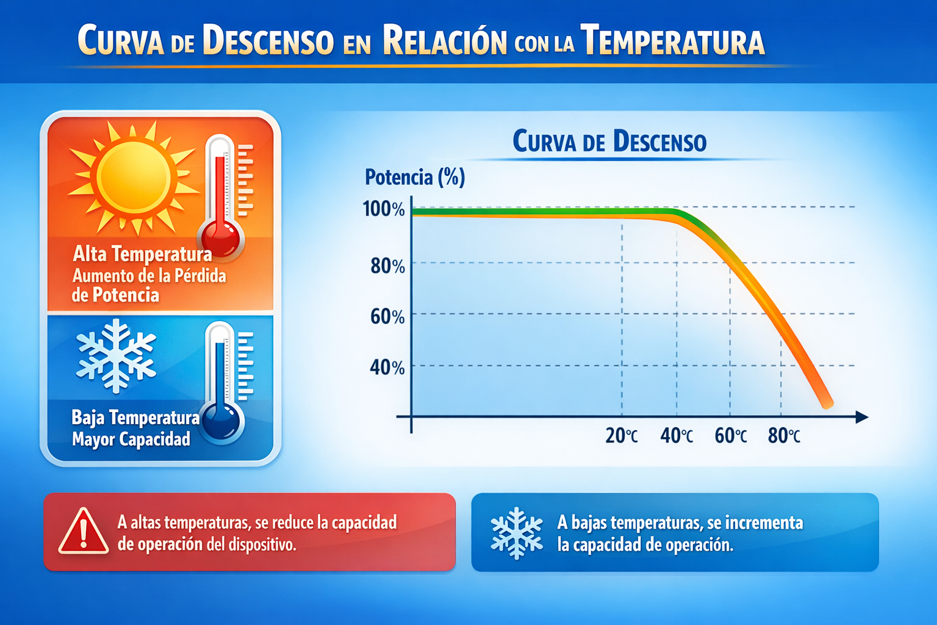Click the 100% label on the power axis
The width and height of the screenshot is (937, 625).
[x=384, y=209]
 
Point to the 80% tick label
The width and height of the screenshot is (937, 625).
[x=387, y=266]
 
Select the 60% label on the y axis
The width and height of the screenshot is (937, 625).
[x=387, y=317]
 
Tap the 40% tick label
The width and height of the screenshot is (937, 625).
[x=387, y=367]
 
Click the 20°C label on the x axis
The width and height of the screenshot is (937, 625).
[x=622, y=436]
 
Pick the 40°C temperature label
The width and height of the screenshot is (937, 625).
[x=677, y=436]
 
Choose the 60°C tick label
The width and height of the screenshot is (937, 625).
[x=730, y=436]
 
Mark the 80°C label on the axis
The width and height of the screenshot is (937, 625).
[x=784, y=436]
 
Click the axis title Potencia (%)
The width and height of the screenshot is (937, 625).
[x=415, y=177]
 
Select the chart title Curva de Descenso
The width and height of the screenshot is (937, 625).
[x=609, y=142]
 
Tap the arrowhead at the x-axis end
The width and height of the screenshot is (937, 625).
[x=862, y=417]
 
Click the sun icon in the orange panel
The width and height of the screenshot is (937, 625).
[x=134, y=177]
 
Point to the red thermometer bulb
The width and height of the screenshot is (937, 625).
[x=220, y=239]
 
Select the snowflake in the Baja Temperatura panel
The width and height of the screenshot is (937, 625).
[x=116, y=356]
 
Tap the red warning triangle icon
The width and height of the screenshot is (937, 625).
[x=84, y=532]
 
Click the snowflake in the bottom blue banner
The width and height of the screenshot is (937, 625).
[x=517, y=533]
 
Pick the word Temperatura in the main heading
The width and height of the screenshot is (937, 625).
[x=672, y=42]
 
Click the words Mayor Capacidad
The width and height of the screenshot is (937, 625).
[x=131, y=439]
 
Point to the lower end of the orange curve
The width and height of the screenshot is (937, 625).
[x=827, y=403]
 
